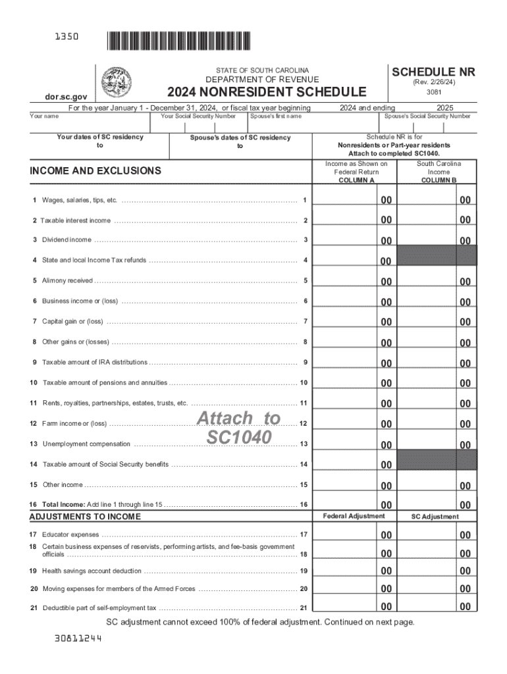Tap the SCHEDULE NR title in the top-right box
point(433,72)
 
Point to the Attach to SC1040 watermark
point(238,428)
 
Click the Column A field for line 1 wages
point(356,199)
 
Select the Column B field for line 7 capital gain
point(436,322)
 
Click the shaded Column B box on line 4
point(436,256)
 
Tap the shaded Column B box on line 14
point(436,460)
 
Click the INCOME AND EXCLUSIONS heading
point(95,170)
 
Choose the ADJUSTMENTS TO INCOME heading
point(85,517)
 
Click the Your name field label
point(44,117)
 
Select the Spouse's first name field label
point(276,117)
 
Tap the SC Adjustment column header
point(435,517)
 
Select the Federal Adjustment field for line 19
point(356,571)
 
